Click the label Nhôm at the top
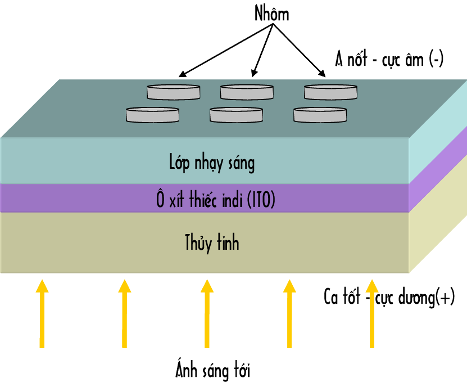point(271,14)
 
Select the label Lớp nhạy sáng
point(212,163)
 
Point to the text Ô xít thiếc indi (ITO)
point(216,200)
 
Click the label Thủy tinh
point(212,242)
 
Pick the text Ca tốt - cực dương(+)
point(389,296)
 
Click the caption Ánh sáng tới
point(212,371)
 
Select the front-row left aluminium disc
point(152,115)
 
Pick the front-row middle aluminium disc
point(236,115)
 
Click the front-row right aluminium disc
point(320,115)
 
